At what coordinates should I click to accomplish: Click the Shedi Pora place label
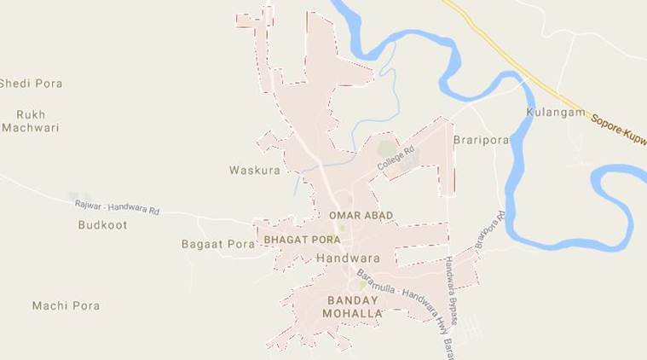[32, 84]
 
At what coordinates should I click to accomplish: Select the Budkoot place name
[101, 225]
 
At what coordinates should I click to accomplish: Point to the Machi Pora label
[66, 305]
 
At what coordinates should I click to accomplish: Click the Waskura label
[254, 171]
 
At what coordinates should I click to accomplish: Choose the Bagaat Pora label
[218, 244]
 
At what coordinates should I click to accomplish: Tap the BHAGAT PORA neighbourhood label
[302, 240]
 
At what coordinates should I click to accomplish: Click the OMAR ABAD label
[361, 216]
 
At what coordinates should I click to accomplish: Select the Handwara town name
[347, 257]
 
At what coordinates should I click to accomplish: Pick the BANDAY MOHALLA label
[353, 307]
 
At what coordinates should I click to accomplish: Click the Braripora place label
[481, 140]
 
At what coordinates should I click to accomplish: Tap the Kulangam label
[556, 113]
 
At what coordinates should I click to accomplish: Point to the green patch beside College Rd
[388, 148]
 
